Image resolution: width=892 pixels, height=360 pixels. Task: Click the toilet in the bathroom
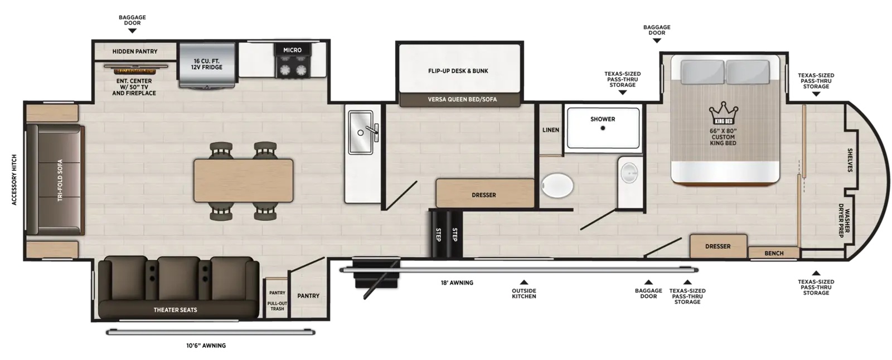coord(557,186)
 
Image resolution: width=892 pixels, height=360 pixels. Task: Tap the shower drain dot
coord(603,128)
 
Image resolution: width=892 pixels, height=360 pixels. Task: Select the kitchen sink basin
coord(360,132)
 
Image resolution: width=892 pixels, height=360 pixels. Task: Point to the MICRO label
coord(292,50)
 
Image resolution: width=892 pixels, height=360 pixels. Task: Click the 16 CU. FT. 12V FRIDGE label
coord(206,64)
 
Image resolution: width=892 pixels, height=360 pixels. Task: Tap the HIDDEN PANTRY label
coord(134,51)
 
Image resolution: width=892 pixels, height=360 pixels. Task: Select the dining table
coord(243,181)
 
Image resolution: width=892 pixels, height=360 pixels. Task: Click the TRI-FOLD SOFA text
coord(60,180)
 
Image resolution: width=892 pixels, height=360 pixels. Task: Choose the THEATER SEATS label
coord(175,310)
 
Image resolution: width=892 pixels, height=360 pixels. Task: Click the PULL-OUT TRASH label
coord(277,306)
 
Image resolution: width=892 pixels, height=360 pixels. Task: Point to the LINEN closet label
coord(551,130)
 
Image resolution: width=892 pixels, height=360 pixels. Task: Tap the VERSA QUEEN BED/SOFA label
coord(462,99)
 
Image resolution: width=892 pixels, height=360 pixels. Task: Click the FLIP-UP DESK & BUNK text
coord(458,71)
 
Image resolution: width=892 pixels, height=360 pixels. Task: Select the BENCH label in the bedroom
coord(774,253)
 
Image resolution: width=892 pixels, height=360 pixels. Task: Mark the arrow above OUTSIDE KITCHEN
coord(524,283)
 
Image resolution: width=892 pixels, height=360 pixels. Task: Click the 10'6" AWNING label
coord(206,346)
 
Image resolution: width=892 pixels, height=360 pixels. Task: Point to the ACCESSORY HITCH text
coord(14,180)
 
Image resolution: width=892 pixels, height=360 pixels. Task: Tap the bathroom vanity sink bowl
coord(629,173)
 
